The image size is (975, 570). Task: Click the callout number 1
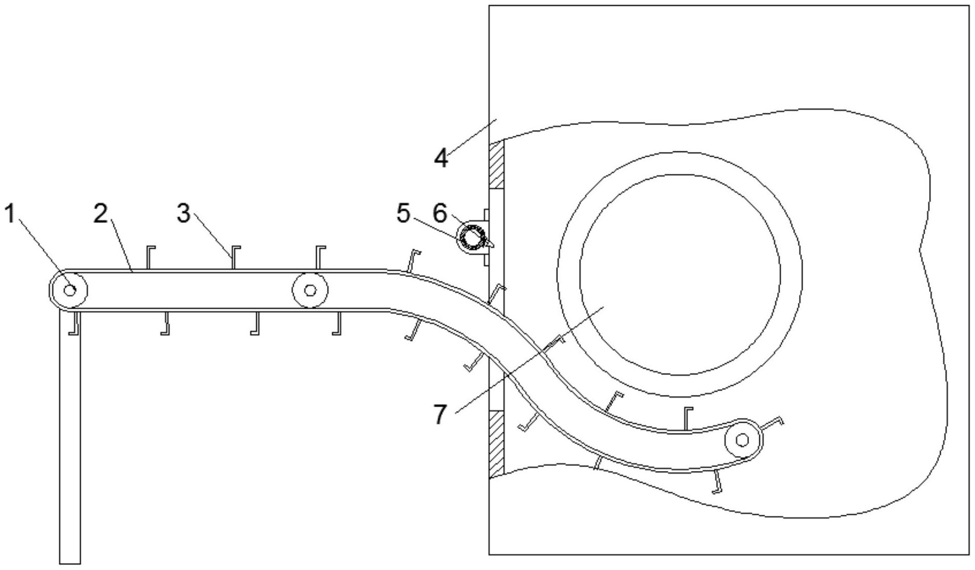10,213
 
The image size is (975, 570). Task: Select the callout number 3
183,213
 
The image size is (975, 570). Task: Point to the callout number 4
441,158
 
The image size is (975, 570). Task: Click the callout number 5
403,213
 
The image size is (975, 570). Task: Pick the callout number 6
441,213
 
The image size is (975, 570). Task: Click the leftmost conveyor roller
68,289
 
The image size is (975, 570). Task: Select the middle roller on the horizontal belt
310,289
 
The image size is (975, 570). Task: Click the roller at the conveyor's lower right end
743,440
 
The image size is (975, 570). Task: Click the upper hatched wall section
496,164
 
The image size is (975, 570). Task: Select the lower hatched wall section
496,443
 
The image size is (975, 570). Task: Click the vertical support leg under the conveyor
70,437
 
